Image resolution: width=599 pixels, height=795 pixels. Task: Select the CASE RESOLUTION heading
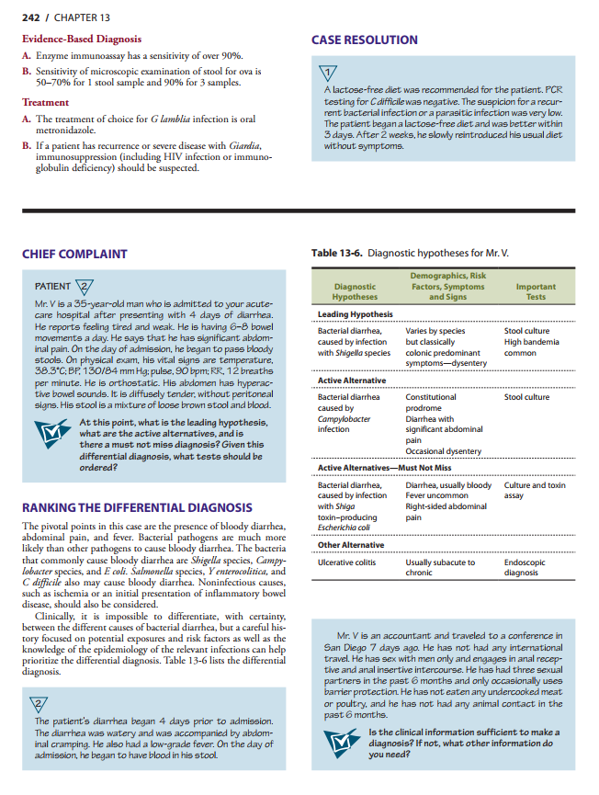365,40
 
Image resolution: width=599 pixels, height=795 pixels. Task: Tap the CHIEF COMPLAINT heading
74,254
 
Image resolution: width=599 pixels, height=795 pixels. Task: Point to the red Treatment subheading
45,103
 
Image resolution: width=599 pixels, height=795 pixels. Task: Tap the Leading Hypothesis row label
355,314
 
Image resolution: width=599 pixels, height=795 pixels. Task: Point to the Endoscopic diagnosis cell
526,568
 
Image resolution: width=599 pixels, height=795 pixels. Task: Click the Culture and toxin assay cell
536,490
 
